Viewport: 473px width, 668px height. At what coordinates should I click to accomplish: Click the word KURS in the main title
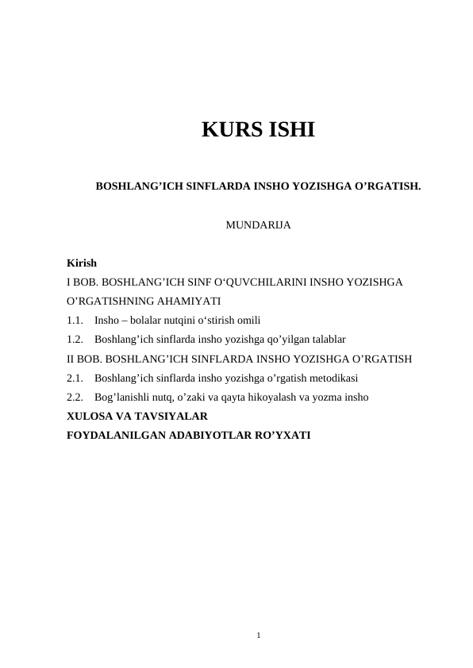pos(228,129)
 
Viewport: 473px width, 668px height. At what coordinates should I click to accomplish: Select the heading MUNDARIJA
pos(258,225)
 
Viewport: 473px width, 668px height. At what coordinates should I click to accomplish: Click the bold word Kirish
pos(82,263)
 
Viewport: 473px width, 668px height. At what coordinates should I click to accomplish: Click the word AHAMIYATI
pos(190,301)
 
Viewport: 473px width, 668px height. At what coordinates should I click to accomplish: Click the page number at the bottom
pos(259,634)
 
